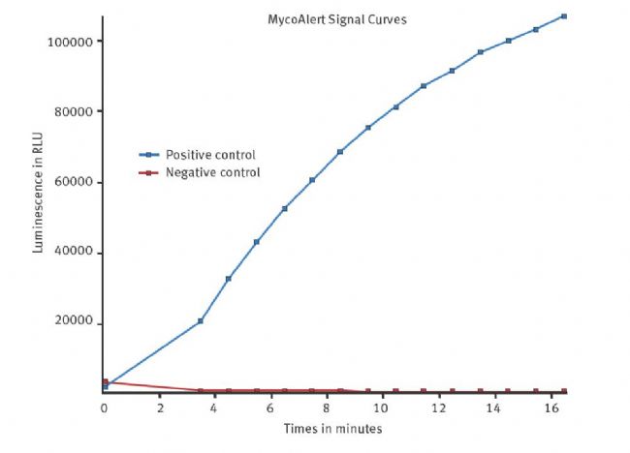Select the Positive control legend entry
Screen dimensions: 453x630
point(209,155)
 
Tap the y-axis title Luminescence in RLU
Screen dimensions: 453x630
point(39,195)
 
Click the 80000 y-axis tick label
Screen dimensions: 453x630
point(73,111)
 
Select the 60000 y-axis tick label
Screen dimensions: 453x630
point(73,182)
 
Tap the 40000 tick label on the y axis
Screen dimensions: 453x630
point(73,252)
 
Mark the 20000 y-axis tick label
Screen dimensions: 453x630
point(73,322)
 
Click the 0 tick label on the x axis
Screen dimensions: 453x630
point(104,408)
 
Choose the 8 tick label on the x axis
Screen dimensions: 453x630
point(327,408)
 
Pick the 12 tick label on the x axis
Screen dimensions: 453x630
point(438,408)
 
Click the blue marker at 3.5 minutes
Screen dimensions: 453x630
point(201,320)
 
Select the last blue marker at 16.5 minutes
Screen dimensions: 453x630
point(563,16)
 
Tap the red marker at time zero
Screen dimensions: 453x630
point(104,382)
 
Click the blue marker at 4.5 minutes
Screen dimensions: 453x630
point(229,279)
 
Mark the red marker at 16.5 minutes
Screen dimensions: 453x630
point(563,391)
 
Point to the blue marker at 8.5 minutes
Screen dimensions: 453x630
point(340,152)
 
